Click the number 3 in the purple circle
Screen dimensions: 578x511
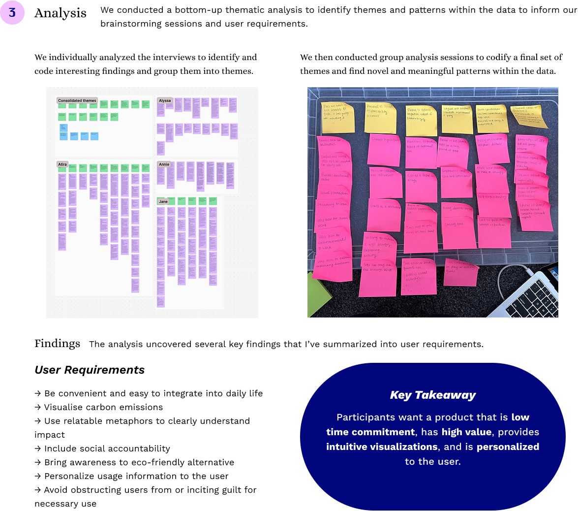point(12,12)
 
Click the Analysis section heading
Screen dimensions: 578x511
point(61,13)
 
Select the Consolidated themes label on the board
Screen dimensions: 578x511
point(77,100)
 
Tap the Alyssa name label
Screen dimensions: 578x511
point(165,100)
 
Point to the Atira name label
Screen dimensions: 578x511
point(62,164)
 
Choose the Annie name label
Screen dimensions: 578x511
point(164,164)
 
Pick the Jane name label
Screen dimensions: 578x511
point(163,201)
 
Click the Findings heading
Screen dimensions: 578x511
point(57,344)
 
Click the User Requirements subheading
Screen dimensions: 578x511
point(90,370)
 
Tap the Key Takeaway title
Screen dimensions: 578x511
point(433,395)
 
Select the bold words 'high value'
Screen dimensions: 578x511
point(466,432)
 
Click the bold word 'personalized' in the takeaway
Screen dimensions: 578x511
point(508,447)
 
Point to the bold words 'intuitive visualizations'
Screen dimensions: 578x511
point(382,447)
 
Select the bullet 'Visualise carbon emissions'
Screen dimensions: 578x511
point(103,408)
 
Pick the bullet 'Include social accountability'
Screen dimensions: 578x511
point(107,449)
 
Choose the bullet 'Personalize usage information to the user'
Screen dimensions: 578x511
point(136,477)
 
